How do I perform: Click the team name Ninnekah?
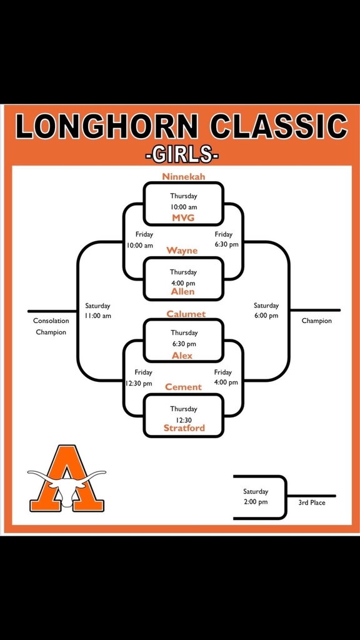pyautogui.click(x=183, y=176)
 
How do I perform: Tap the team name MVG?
pyautogui.click(x=183, y=218)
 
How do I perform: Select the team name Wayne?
pyautogui.click(x=182, y=251)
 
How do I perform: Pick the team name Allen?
pyautogui.click(x=183, y=291)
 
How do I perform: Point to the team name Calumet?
pyautogui.click(x=186, y=314)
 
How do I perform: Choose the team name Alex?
pyautogui.click(x=182, y=356)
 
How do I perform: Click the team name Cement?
pyautogui.click(x=183, y=386)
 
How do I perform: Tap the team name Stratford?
pyautogui.click(x=184, y=427)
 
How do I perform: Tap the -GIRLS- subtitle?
pyautogui.click(x=182, y=156)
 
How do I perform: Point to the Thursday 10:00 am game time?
pyautogui.click(x=184, y=202)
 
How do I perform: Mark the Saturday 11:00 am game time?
pyautogui.click(x=98, y=311)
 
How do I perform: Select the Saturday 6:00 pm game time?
pyautogui.click(x=266, y=311)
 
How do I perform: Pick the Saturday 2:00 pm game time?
pyautogui.click(x=256, y=497)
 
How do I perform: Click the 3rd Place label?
pyautogui.click(x=312, y=503)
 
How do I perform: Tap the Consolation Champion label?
pyautogui.click(x=51, y=326)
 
